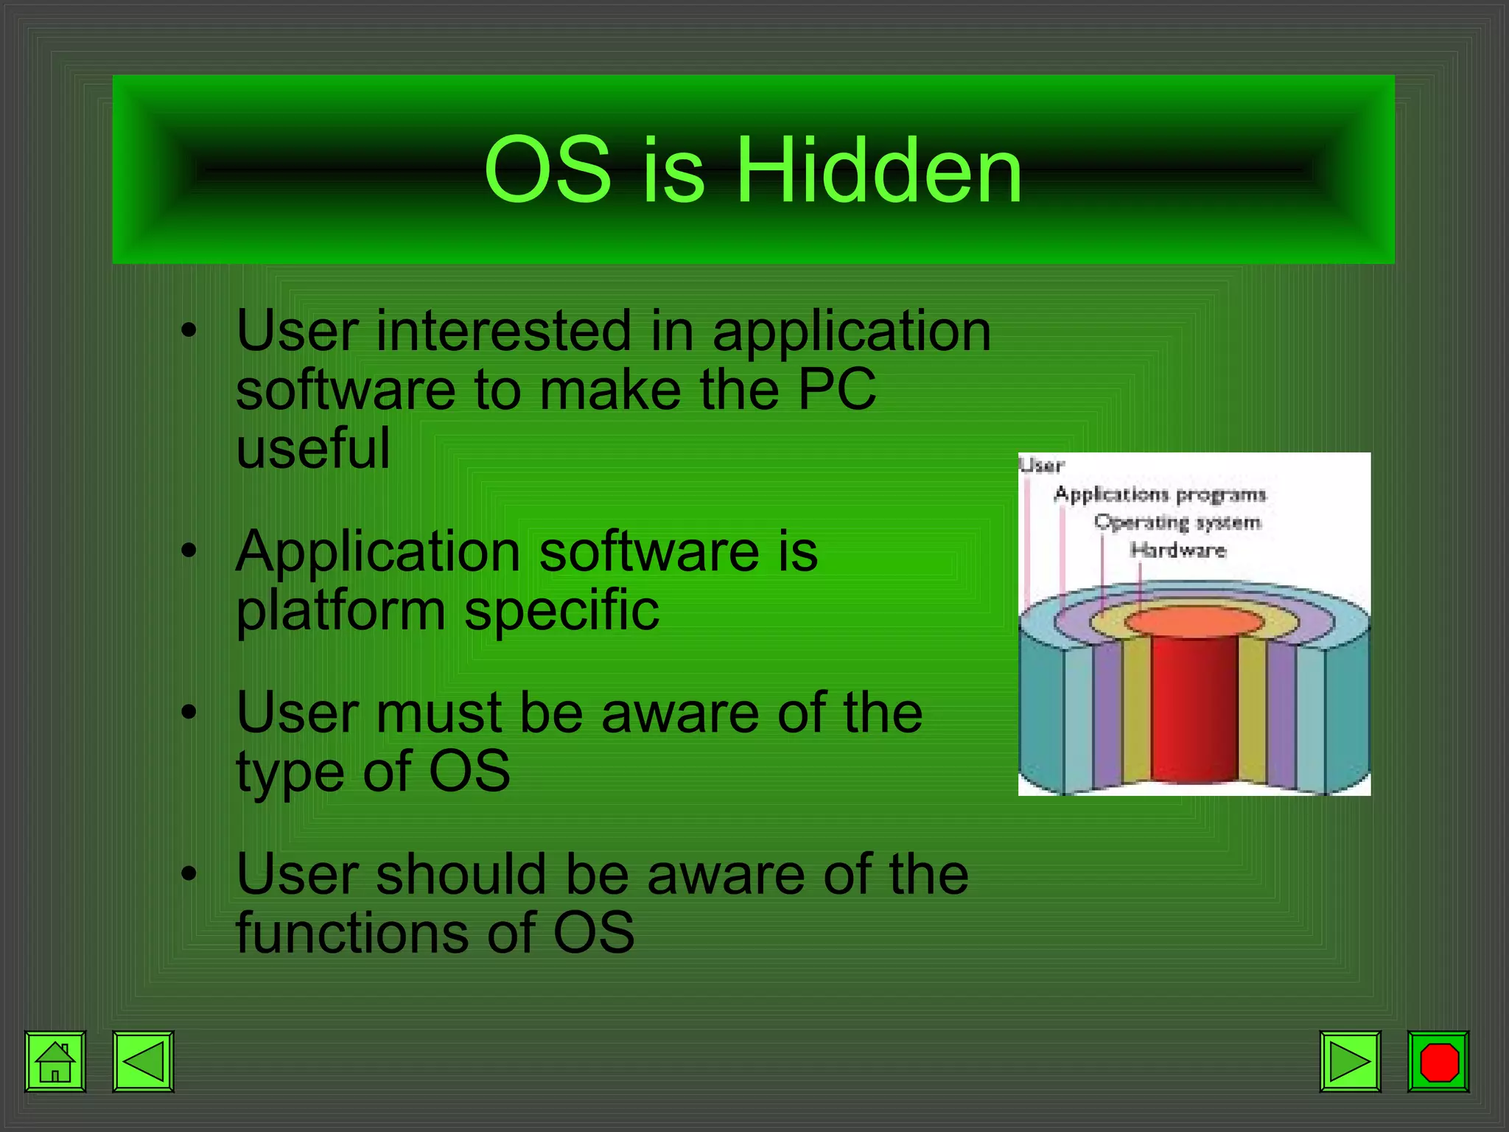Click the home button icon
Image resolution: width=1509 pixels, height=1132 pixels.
click(55, 1062)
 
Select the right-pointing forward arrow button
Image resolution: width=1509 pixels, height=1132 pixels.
click(1350, 1062)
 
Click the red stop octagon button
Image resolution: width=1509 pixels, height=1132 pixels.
click(1438, 1062)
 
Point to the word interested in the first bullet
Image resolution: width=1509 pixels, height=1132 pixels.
click(504, 331)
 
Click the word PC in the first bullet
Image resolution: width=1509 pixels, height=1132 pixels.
click(837, 390)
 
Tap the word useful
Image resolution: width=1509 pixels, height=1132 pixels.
click(313, 449)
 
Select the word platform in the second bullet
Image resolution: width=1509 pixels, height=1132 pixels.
click(340, 612)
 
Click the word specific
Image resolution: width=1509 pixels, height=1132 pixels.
click(561, 612)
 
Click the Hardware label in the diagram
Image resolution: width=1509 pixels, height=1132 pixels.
click(1177, 550)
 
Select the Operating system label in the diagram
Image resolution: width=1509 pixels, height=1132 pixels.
click(1177, 523)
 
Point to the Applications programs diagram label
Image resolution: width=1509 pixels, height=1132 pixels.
click(1160, 494)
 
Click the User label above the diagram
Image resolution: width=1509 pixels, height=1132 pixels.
click(1042, 465)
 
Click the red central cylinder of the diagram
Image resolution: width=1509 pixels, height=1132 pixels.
click(1194, 707)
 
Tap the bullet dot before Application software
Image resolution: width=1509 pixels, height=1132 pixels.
click(189, 551)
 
